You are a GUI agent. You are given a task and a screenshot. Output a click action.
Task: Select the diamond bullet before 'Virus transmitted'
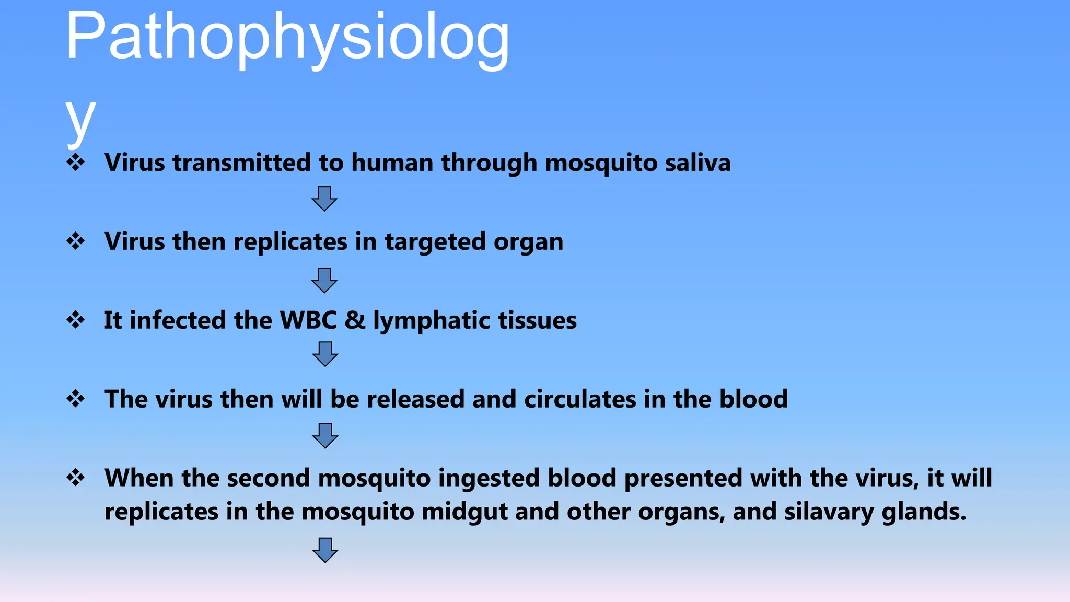[76, 162]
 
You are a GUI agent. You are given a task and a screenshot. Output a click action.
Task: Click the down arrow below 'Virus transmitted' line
[324, 199]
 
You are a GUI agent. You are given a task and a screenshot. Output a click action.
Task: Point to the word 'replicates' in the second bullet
[290, 242]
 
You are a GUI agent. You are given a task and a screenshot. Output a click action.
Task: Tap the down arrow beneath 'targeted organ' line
[324, 281]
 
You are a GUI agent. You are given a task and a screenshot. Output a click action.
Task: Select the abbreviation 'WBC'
[308, 320]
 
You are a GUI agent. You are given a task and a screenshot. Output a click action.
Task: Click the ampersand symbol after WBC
[355, 320]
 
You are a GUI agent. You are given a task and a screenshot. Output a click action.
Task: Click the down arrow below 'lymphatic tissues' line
[325, 354]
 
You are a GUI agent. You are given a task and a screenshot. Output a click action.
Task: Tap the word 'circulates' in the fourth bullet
[580, 399]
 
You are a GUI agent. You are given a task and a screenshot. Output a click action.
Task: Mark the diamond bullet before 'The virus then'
[76, 399]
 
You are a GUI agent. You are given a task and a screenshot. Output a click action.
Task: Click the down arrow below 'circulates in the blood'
[325, 436]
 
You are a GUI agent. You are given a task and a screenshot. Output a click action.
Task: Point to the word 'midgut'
[464, 512]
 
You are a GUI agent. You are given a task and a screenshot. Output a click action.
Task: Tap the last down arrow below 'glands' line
[325, 550]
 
